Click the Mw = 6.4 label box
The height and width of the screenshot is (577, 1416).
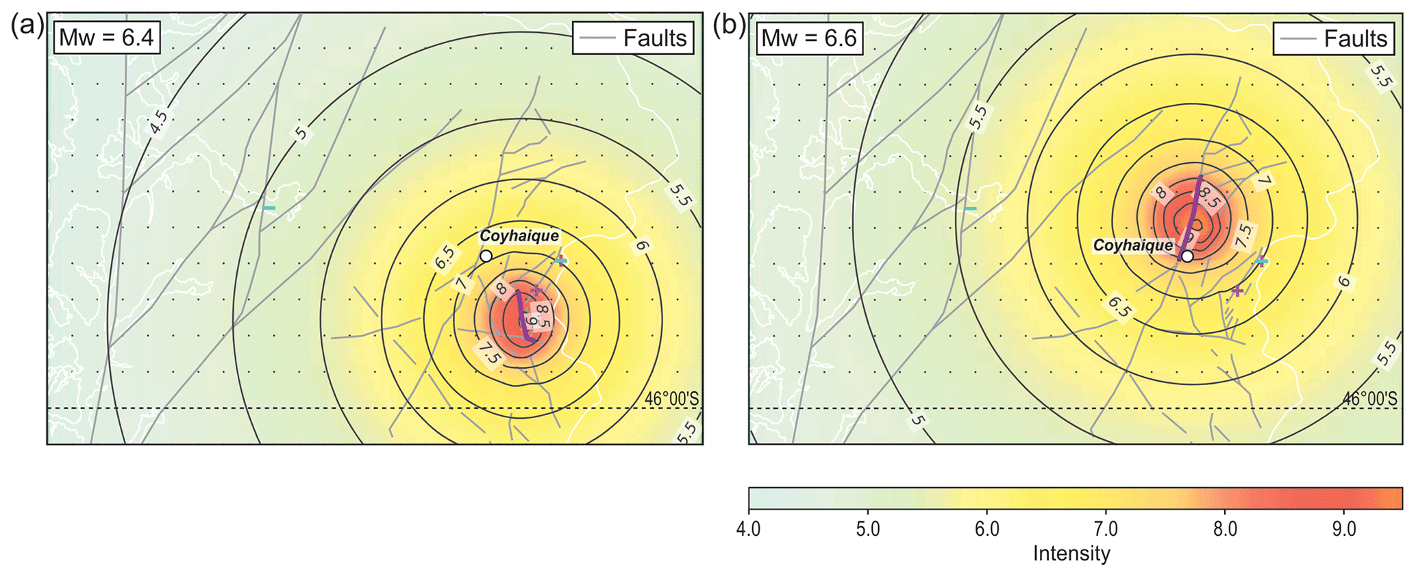107,37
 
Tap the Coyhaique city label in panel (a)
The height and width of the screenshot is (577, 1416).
519,236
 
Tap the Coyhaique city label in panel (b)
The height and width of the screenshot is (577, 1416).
1132,245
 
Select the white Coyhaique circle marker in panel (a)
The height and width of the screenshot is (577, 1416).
486,256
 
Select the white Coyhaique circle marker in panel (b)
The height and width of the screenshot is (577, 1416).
1187,256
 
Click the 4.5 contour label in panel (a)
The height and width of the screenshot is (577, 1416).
158,123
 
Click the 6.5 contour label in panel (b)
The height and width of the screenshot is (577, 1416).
1119,308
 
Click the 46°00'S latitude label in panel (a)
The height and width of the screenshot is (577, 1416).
671,399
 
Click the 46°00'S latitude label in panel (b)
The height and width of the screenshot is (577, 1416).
1369,399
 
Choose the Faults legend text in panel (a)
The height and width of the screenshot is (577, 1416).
654,38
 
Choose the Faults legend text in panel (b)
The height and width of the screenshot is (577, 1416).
1355,38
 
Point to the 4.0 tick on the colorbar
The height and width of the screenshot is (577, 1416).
748,530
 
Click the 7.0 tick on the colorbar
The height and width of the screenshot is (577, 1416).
1106,530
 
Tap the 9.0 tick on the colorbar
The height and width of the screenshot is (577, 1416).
1344,530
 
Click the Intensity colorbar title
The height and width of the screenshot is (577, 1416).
1071,554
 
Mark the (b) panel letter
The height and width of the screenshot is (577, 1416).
729,25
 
